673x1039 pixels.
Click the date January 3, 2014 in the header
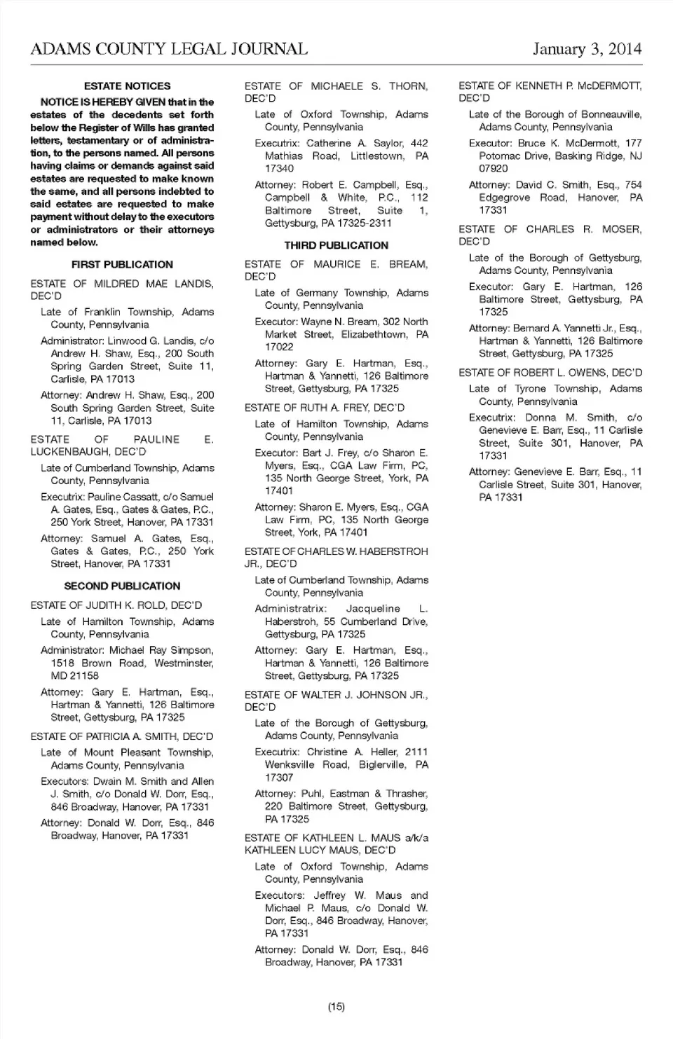(587, 49)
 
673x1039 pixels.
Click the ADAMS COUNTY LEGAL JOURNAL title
(169, 49)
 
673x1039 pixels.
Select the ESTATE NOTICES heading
(127, 86)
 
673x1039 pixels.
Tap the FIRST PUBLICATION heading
(122, 264)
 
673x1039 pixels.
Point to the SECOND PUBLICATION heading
(122, 586)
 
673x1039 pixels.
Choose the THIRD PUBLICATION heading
(336, 245)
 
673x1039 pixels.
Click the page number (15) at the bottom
(336, 1007)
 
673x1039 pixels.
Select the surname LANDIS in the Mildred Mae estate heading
(193, 284)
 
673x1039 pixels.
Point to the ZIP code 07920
(494, 168)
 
